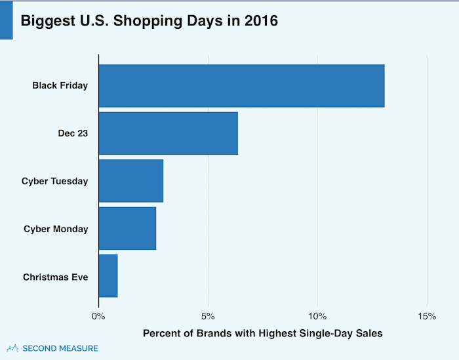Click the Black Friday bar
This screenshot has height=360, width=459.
pyautogui.click(x=241, y=85)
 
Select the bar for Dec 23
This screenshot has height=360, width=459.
pyautogui.click(x=168, y=133)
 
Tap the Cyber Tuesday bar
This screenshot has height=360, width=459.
pyautogui.click(x=130, y=180)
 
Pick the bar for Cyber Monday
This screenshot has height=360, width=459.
pyautogui.click(x=127, y=228)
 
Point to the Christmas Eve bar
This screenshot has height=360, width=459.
pyautogui.click(x=108, y=276)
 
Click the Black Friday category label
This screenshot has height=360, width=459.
pyautogui.click(x=60, y=85)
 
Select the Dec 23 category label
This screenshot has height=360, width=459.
pyautogui.click(x=73, y=133)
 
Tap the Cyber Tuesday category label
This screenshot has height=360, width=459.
pyautogui.click(x=54, y=181)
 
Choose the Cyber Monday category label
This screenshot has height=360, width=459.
pyautogui.click(x=56, y=229)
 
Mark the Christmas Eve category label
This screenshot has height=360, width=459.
pyautogui.click(x=55, y=277)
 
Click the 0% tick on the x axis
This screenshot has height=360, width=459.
pyautogui.click(x=98, y=317)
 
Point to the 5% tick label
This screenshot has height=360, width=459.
pyautogui.click(x=208, y=317)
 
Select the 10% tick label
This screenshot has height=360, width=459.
pyautogui.click(x=317, y=317)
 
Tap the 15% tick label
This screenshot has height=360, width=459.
pyautogui.click(x=427, y=317)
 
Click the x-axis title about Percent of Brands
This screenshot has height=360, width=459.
pyautogui.click(x=262, y=333)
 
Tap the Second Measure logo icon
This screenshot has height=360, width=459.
pyautogui.click(x=12, y=348)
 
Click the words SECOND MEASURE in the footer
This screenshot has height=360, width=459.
pyautogui.click(x=60, y=348)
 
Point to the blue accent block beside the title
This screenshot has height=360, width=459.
pyautogui.click(x=6, y=20)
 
